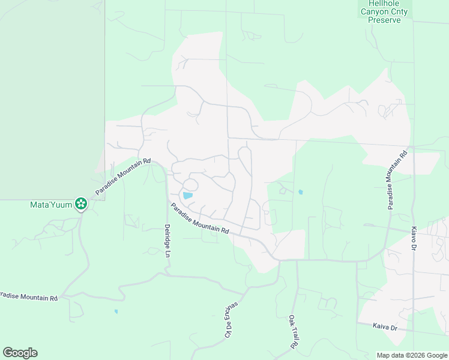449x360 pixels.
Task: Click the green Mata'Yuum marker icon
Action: click(80, 205)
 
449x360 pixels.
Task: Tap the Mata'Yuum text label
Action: click(50, 205)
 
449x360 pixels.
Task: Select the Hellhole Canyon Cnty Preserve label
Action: click(383, 11)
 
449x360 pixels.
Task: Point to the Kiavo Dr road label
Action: click(414, 238)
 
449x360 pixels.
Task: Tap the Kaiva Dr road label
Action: click(385, 328)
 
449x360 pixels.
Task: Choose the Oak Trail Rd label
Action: click(293, 332)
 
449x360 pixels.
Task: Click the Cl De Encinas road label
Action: click(231, 319)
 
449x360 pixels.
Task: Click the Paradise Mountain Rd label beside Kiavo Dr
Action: click(397, 179)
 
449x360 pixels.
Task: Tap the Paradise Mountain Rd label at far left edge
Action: click(29, 296)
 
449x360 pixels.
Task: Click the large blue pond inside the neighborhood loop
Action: click(188, 195)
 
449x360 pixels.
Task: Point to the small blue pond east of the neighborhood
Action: click(300, 192)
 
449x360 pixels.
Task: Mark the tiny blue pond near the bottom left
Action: click(116, 311)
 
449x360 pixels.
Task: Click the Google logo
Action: click(20, 353)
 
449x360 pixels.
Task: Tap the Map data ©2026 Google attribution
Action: click(412, 355)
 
